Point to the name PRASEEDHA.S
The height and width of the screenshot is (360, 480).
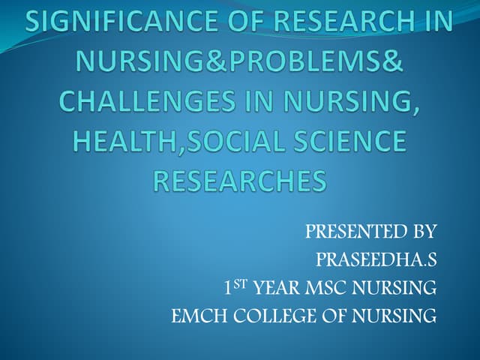(x=376, y=259)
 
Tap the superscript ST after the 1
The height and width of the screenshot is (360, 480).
(x=243, y=283)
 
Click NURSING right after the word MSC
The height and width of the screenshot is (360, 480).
(x=394, y=288)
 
